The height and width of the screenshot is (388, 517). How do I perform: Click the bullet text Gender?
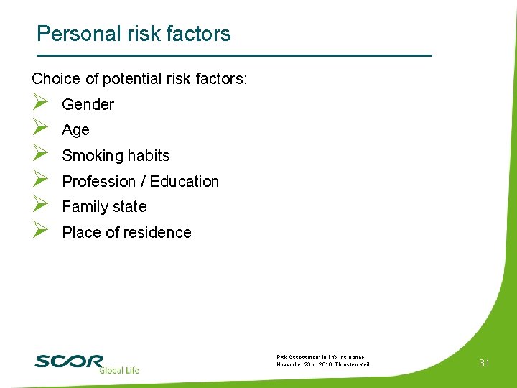click(x=88, y=105)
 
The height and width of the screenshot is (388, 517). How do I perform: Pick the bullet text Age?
click(x=75, y=130)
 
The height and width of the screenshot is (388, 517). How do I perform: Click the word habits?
click(x=147, y=156)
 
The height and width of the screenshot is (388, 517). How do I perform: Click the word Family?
click(x=84, y=207)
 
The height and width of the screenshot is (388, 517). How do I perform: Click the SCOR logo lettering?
click(x=69, y=361)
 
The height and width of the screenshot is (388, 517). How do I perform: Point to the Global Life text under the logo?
click(x=118, y=370)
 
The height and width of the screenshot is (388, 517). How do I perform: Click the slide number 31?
click(x=485, y=363)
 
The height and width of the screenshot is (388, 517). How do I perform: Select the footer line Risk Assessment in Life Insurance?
click(x=320, y=357)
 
